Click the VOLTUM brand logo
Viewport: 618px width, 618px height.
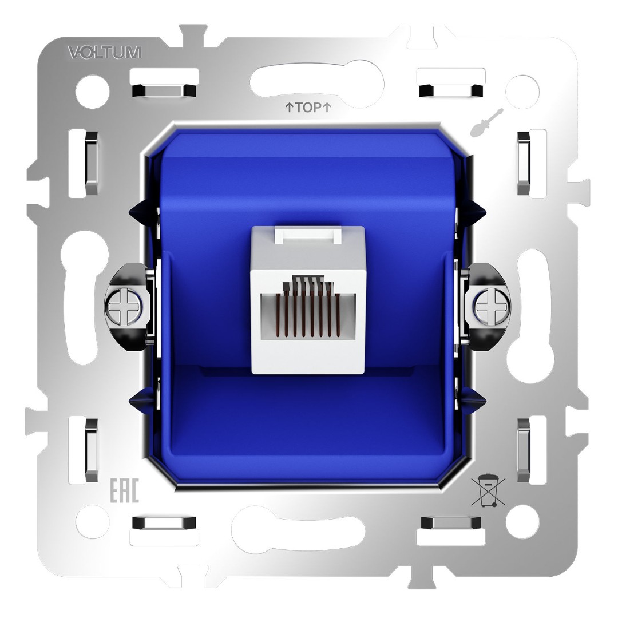pyautogui.click(x=104, y=52)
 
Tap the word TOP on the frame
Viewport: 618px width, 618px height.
pyautogui.click(x=308, y=107)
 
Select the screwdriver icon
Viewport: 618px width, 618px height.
pyautogui.click(x=481, y=122)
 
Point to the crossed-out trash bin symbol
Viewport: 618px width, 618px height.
pyautogui.click(x=488, y=491)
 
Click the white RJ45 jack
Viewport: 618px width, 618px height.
pyautogui.click(x=308, y=299)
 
